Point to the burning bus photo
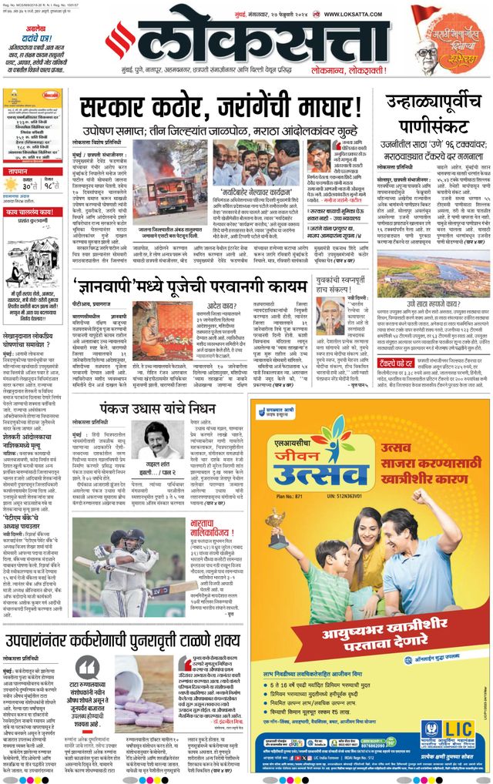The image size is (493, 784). (x=164, y=185)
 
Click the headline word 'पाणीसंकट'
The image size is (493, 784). (x=433, y=125)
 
